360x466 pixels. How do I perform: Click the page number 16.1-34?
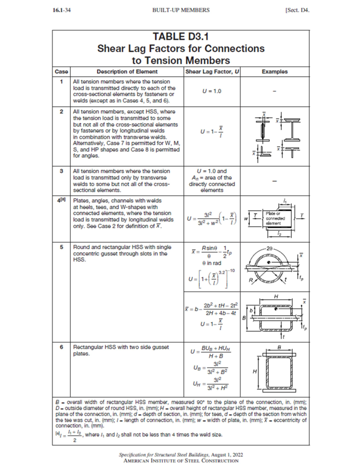(61, 10)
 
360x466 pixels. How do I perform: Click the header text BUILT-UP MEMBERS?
(181, 10)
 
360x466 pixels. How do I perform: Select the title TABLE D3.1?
(181, 37)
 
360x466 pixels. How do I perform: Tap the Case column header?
(61, 72)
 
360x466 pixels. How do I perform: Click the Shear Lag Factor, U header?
(212, 72)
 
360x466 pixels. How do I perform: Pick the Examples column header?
(274, 72)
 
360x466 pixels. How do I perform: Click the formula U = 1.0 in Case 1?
(212, 91)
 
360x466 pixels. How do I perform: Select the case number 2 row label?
(61, 112)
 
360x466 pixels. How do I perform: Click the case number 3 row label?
(61, 171)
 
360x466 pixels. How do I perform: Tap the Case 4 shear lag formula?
(212, 219)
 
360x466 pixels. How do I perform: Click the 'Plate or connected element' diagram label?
(275, 218)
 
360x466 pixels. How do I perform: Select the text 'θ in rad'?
(212, 263)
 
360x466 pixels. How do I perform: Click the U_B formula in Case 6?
(211, 368)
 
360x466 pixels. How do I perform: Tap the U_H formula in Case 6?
(211, 384)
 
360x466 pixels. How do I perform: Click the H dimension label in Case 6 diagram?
(255, 371)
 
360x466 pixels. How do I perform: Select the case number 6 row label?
(61, 347)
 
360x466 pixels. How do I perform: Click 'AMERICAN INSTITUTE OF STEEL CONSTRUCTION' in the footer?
(181, 461)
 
